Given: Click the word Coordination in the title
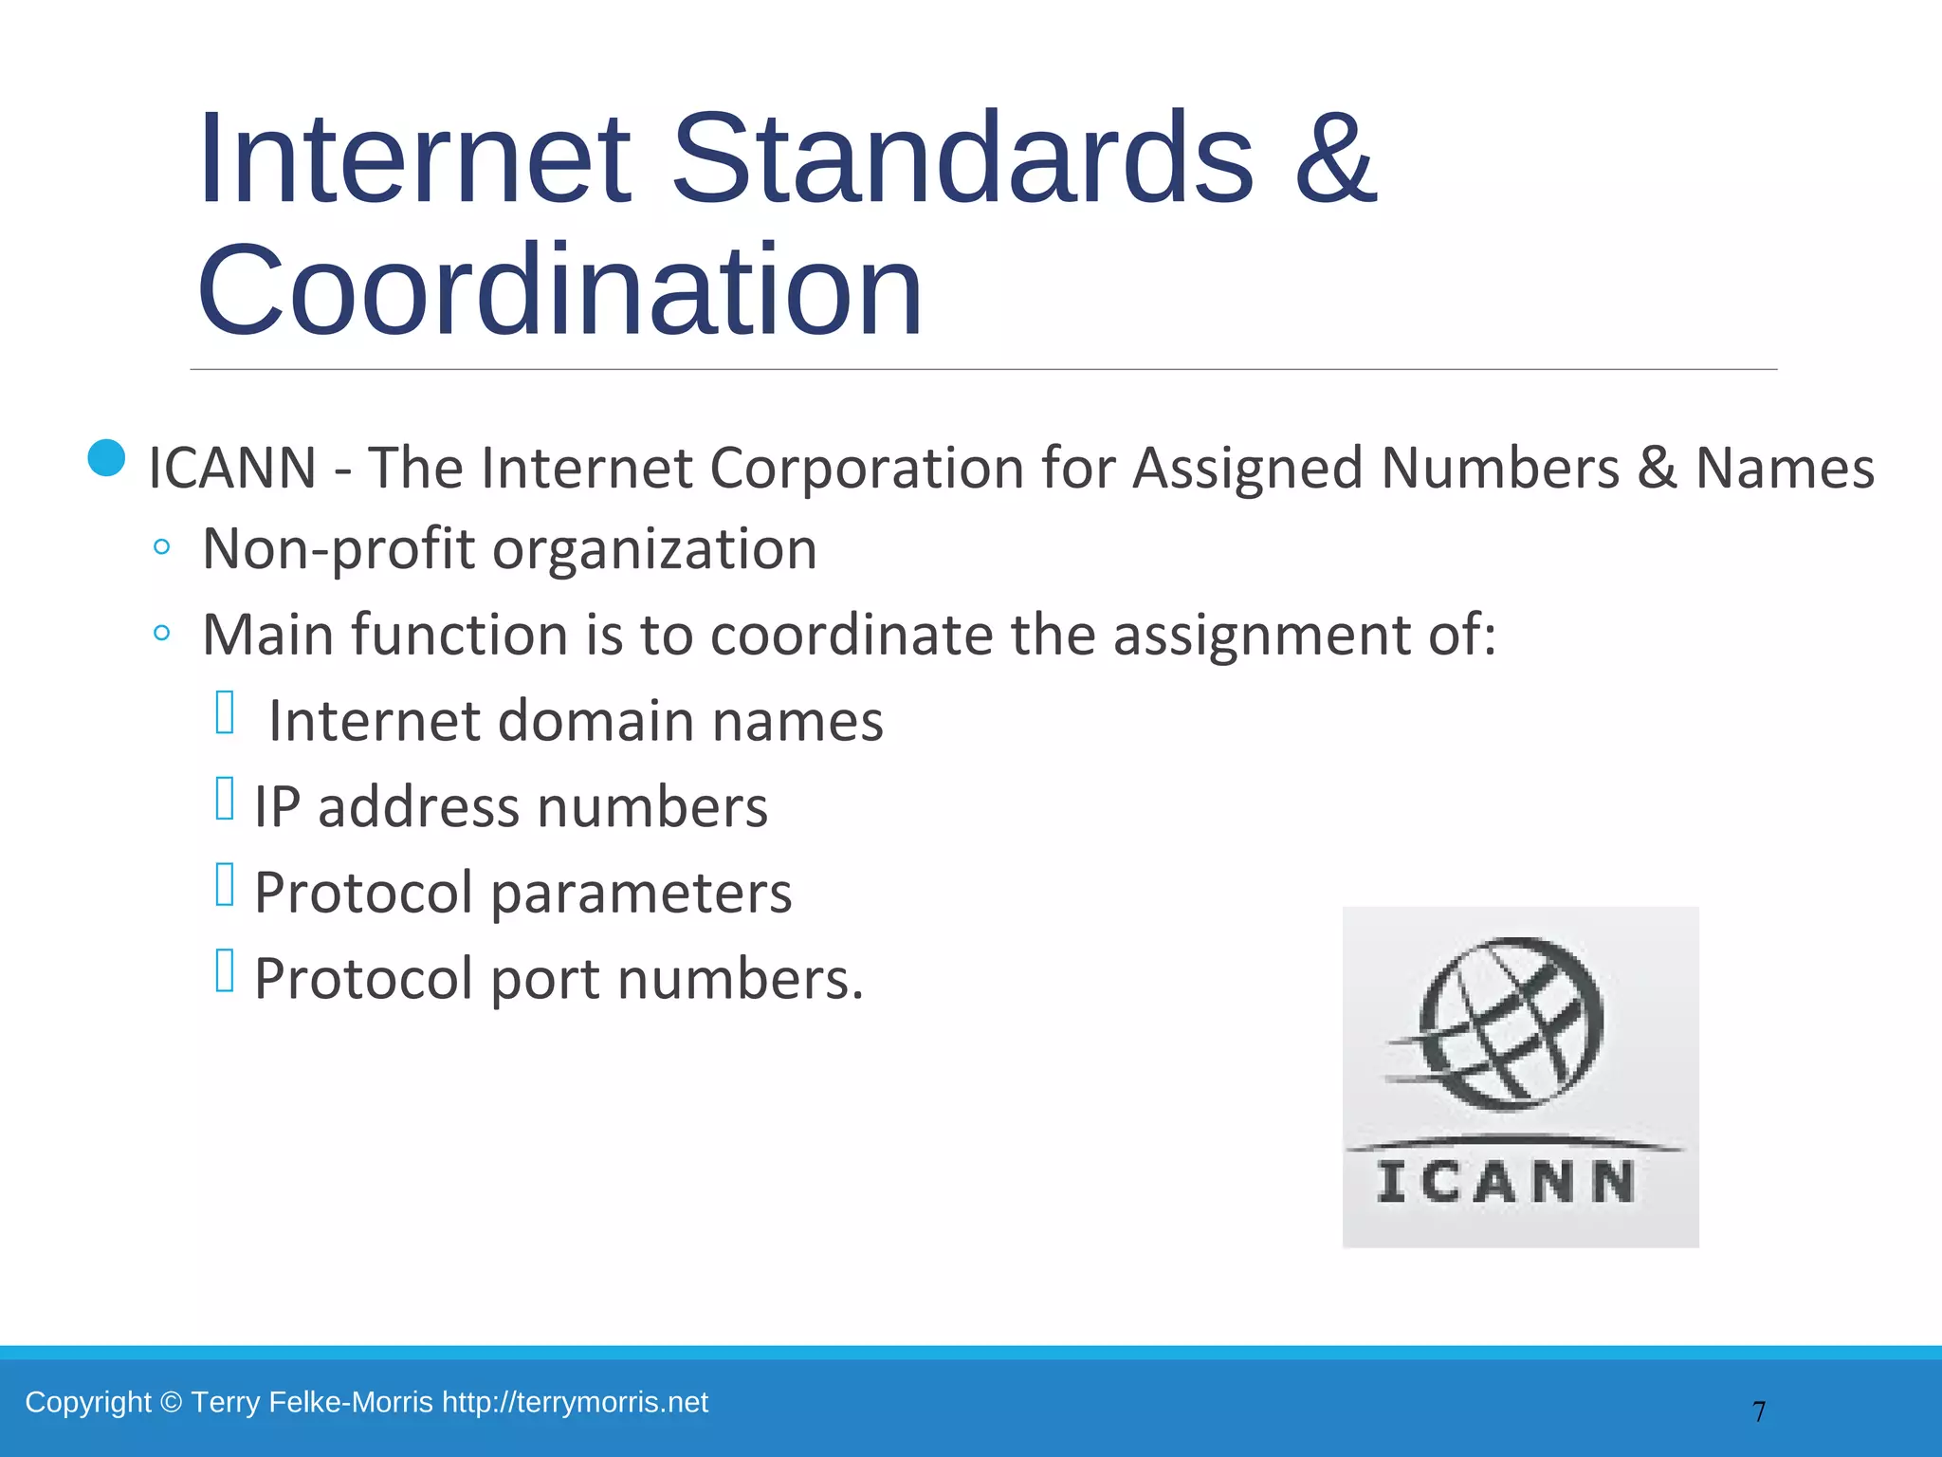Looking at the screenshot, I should tap(559, 290).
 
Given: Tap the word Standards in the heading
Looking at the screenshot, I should tap(962, 159).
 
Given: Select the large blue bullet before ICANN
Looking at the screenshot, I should tap(106, 458).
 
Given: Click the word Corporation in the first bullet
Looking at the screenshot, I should tap(867, 468).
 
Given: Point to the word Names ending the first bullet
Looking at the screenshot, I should tap(1785, 468).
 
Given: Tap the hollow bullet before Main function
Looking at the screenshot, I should tap(161, 633).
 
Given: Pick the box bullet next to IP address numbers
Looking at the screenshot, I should tap(225, 799).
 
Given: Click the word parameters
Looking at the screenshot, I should tap(641, 894).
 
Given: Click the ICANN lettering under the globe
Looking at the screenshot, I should tap(1507, 1183).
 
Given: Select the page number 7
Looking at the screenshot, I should tap(1759, 1411).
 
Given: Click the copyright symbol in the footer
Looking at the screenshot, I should tap(171, 1402).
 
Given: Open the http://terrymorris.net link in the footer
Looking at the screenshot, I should tap(575, 1402).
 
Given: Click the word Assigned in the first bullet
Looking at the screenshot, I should tap(1248, 468).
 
